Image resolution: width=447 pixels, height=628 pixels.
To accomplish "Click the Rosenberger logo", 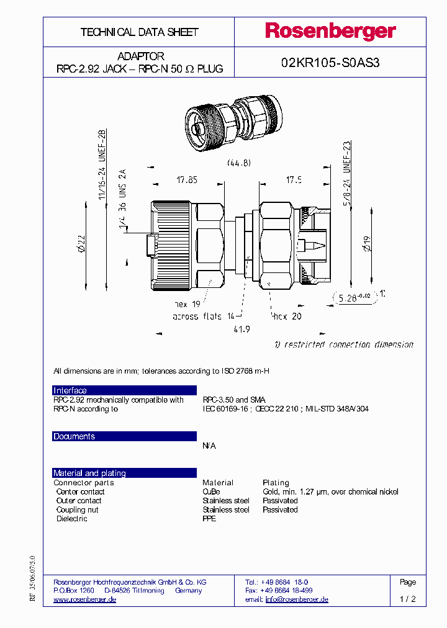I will pos(330,32).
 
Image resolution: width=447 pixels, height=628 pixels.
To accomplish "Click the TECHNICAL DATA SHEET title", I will pos(139,32).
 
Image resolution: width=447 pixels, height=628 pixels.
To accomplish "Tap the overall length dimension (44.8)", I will pos(238,163).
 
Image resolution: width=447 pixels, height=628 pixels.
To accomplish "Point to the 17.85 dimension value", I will pos(186,180).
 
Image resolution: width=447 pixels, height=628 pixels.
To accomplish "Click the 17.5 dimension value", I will pos(294,180).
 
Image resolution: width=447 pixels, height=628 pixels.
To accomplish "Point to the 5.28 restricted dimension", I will pos(353,297).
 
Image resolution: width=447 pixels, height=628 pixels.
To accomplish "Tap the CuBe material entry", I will pos(211,491).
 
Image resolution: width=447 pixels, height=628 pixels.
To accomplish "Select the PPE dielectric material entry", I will pos(209,518).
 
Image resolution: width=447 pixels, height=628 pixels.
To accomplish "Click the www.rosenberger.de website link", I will pos(85,599).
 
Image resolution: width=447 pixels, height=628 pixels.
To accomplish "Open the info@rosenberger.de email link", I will pos(297,599).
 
